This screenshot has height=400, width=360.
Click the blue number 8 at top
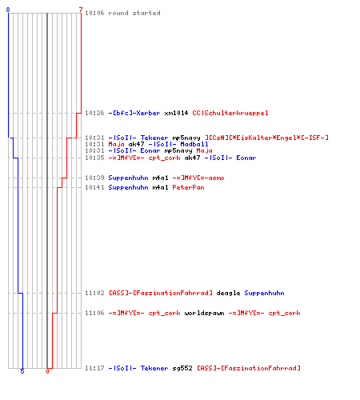click(x=8, y=10)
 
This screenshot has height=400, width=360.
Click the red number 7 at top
click(x=81, y=10)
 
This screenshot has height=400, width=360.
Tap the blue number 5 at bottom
click(x=22, y=371)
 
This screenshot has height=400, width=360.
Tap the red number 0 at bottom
click(x=47, y=371)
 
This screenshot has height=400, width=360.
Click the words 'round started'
click(x=134, y=13)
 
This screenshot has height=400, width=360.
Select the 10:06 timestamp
click(x=94, y=13)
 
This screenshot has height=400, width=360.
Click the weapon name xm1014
click(x=176, y=113)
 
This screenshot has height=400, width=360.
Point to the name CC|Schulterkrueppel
click(x=230, y=113)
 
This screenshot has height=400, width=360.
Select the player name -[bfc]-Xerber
click(x=134, y=113)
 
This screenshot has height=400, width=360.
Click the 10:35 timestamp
click(x=94, y=158)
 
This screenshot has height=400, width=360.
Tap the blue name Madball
click(x=194, y=144)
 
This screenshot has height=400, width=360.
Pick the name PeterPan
click(x=188, y=187)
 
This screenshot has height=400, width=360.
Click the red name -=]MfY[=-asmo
click(x=198, y=178)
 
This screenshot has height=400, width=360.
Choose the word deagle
click(x=228, y=293)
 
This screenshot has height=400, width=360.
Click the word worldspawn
click(x=204, y=313)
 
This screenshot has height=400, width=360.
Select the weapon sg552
click(x=182, y=368)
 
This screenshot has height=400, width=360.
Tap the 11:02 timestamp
click(x=94, y=293)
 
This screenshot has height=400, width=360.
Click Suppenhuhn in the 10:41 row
click(x=128, y=187)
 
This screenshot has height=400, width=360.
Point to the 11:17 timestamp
click(x=94, y=368)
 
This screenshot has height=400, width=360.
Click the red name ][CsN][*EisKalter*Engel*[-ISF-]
click(x=266, y=138)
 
